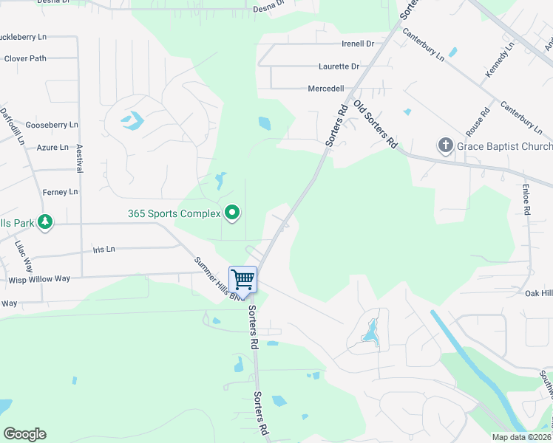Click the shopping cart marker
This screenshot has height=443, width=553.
point(242,280)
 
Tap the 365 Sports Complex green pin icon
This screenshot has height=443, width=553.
point(233,213)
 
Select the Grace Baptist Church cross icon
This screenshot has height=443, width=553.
point(445,145)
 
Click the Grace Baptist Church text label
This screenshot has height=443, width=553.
point(504,146)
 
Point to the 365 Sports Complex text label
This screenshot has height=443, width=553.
point(174,214)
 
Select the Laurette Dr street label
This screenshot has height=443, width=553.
point(339,66)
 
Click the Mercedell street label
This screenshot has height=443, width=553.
point(326,89)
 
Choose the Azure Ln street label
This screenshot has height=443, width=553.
point(52,148)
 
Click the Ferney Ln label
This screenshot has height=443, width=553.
point(60,192)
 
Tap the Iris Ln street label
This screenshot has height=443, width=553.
point(104,250)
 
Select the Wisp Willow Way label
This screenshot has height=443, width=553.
point(38,279)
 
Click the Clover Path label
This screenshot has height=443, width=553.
point(25,58)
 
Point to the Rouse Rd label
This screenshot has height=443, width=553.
point(483,120)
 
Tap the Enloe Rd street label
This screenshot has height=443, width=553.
point(526,199)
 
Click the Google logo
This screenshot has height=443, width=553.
point(24,434)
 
